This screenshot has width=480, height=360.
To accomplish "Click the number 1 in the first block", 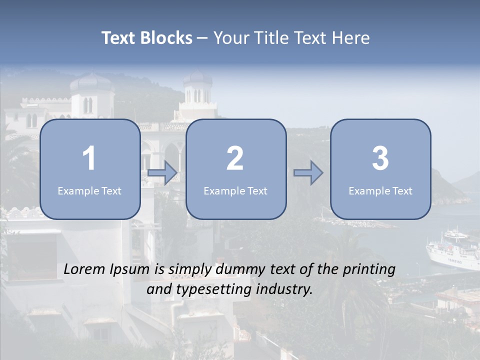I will coord(89,158).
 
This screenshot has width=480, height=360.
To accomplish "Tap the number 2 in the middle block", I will coord(235,158).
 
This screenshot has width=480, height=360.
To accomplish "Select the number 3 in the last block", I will coord(380,158).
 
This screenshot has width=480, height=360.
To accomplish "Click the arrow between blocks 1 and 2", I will coord(162,173).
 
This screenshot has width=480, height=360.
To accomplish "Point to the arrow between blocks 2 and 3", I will coord(308,173).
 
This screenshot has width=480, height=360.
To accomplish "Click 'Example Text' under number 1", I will coord(89,191).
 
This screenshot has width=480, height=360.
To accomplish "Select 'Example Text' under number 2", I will coord(235,191).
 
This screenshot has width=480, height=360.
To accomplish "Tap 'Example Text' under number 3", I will coord(380,191).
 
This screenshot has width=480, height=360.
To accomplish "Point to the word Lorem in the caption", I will coord(85,269).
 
